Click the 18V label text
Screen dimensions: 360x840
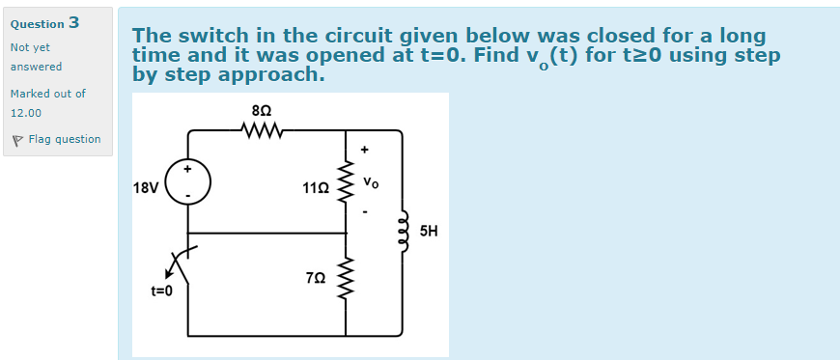tap(146, 187)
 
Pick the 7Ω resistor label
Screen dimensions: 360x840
tap(315, 278)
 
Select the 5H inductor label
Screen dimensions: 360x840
tap(429, 232)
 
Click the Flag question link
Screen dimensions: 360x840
tap(64, 139)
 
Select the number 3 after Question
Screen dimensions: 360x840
tap(74, 22)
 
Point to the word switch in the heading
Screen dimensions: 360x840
tap(210, 37)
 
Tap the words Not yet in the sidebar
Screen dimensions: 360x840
tap(30, 47)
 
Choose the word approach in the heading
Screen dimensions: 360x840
tap(273, 74)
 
